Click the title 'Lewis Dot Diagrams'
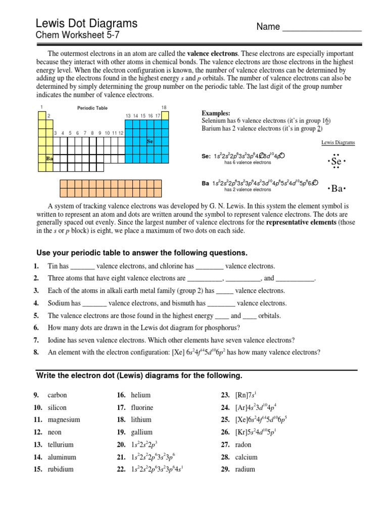86,23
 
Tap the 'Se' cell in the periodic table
150,142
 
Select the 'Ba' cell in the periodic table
50,159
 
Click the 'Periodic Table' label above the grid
92,108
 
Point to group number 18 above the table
164,108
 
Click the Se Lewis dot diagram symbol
336,162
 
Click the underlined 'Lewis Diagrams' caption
338,143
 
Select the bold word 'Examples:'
216,114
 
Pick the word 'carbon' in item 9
57,395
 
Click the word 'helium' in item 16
140,395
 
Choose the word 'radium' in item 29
245,469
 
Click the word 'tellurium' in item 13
60,445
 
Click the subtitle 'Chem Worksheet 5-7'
78,36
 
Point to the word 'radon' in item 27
243,445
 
